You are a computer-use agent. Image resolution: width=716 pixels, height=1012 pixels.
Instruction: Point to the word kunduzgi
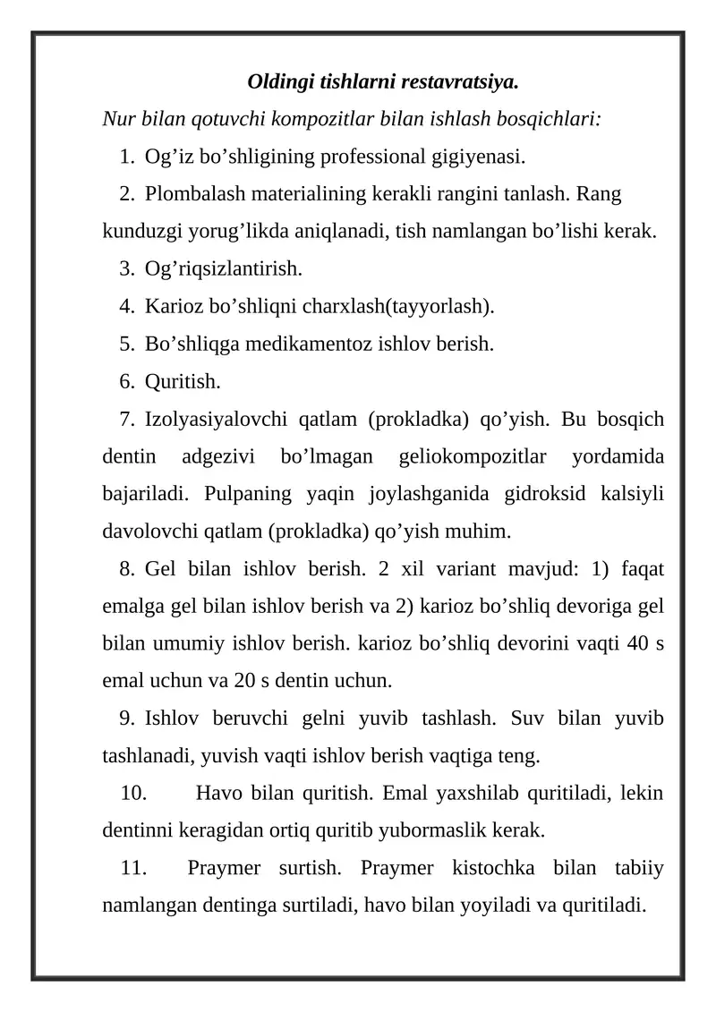pyautogui.click(x=137, y=232)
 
